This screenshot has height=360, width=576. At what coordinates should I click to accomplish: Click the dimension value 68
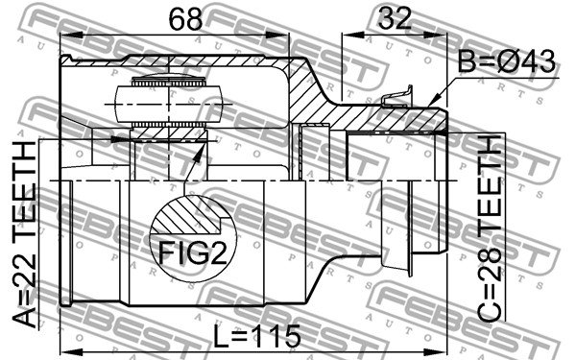coord(185,19)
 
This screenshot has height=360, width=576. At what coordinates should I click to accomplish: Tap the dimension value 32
coord(395,18)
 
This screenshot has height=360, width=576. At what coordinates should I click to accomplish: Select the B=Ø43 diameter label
coord(507,61)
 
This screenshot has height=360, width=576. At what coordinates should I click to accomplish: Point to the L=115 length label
coord(257,336)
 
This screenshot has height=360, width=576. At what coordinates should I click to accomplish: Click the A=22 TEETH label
coord(25,234)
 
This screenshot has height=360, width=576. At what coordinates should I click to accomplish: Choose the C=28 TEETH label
coord(490,228)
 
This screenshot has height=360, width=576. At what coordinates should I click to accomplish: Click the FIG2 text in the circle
coord(193,253)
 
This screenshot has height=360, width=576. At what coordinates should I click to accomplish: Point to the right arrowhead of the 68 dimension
coord(278,35)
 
